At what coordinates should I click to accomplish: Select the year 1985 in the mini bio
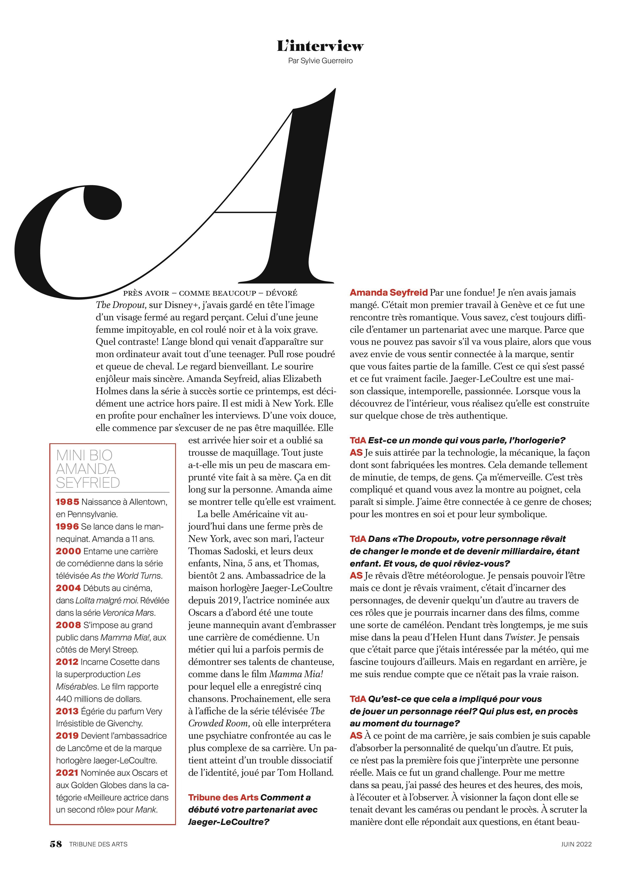click(68, 502)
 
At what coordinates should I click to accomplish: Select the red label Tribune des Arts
click(223, 797)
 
